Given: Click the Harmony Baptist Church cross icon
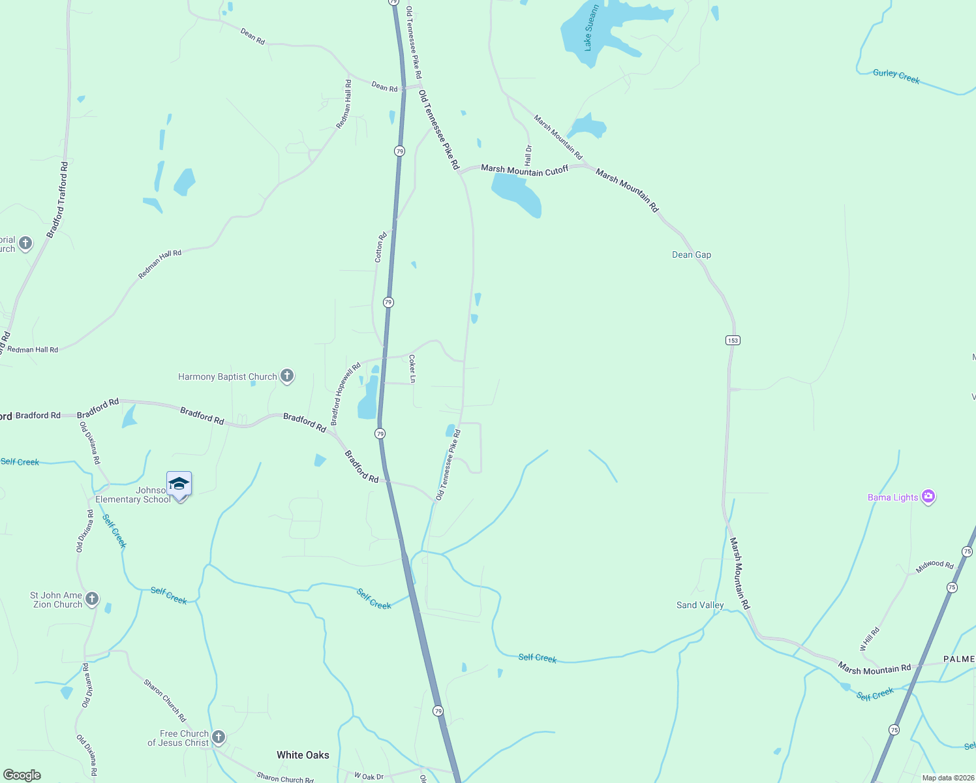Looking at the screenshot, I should coord(287,376).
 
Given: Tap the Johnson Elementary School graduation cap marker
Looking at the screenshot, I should coord(179,485).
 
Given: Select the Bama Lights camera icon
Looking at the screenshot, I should coord(928,497).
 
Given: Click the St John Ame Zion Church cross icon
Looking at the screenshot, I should coord(92,599).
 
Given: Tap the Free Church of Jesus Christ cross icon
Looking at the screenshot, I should coord(219,737).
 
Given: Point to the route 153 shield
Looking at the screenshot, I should coord(733,341).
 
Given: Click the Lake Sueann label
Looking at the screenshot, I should coord(590,28).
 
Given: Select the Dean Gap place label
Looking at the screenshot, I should coord(692,254).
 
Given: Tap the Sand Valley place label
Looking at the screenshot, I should coord(700,605).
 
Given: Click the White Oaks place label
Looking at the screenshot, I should coord(303,755).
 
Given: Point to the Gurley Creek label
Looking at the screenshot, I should coord(896,77).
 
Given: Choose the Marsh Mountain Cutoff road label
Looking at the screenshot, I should coord(525,170).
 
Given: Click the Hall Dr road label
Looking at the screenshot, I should coord(528,155).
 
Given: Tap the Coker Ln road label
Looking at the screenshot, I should coord(412,369).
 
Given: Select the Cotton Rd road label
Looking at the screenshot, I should coord(380,247).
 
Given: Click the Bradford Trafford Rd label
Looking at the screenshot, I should coord(57,200).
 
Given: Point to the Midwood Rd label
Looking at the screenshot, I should coord(934,566).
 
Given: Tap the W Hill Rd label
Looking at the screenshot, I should coord(870,639).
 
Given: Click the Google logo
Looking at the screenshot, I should coord(22,775).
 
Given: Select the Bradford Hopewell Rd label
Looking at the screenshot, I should coord(346,395).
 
